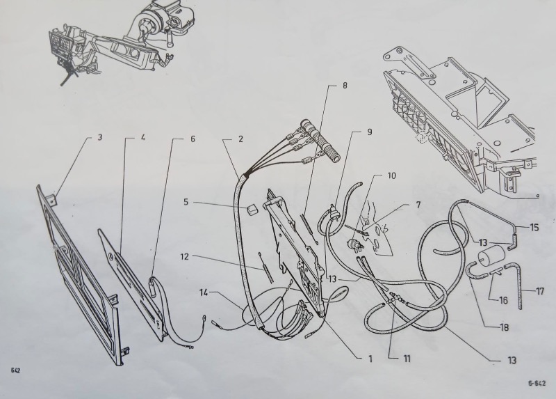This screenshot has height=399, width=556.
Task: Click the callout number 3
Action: [100, 136]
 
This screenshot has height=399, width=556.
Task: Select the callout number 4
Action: [143, 137]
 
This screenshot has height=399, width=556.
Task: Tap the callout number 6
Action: [193, 139]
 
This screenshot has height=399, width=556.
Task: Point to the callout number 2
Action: [240, 139]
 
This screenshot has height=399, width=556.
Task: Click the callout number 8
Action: [345, 85]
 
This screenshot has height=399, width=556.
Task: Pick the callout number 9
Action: [370, 132]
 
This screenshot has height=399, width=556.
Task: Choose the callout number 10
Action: [391, 175]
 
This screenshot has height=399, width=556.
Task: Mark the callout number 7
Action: [418, 205]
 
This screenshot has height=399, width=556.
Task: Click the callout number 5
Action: [186, 202]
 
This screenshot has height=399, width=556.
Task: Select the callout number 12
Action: [185, 256]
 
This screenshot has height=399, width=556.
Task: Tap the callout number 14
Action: [204, 292]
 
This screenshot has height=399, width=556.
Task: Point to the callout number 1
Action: [370, 359]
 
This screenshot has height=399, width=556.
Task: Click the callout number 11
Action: [407, 359]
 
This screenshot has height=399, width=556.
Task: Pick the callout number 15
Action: [534, 227]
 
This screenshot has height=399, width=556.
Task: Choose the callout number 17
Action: [540, 292]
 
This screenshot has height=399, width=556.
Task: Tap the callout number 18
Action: [504, 327]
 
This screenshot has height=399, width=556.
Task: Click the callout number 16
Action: [503, 301]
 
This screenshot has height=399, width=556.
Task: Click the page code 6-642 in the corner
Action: [537, 383]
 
